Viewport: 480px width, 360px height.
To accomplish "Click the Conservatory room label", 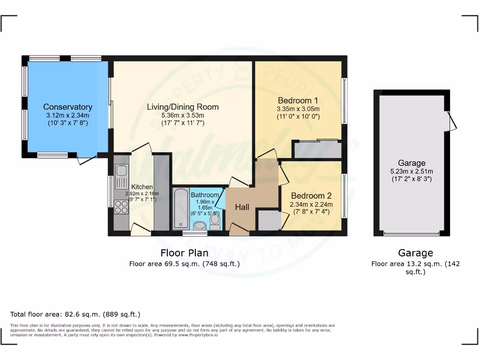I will pyautogui.click(x=67, y=107).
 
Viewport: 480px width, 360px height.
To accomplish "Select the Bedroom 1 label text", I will pyautogui.click(x=298, y=100).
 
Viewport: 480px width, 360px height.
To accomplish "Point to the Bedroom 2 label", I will pyautogui.click(x=311, y=196).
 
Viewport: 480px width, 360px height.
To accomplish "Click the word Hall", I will pyautogui.click(x=242, y=207).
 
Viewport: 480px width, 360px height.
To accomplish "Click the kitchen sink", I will pyautogui.click(x=121, y=177).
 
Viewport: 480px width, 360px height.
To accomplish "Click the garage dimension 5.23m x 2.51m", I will pyautogui.click(x=412, y=171).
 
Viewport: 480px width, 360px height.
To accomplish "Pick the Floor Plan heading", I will pyautogui.click(x=184, y=253).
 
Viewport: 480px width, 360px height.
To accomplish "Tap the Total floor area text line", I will pyautogui.click(x=75, y=314).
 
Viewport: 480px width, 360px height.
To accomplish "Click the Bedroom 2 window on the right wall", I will pyautogui.click(x=345, y=196).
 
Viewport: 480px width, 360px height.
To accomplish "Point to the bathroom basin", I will pyautogui.click(x=200, y=226).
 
